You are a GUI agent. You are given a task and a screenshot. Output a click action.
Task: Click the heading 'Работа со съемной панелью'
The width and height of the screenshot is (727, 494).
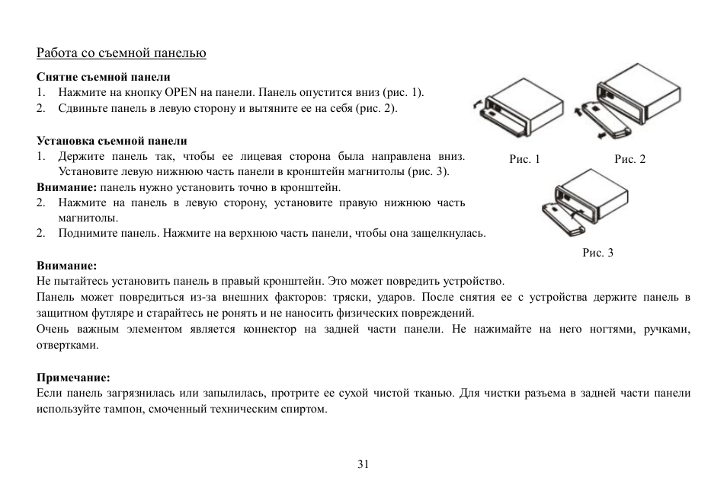point(122,53)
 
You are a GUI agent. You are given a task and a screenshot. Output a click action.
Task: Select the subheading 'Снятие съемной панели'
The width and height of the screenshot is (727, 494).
point(104,77)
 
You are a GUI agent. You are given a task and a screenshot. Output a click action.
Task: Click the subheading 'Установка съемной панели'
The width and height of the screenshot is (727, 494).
point(111,141)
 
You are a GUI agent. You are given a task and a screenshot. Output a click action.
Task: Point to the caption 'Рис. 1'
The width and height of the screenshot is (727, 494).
point(524,159)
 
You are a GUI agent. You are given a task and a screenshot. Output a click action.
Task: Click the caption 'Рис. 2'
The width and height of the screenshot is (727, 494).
point(629,159)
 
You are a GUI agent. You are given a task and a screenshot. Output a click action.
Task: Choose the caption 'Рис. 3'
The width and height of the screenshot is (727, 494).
point(597,253)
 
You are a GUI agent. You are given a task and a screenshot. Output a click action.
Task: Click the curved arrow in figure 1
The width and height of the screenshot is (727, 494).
point(476,104)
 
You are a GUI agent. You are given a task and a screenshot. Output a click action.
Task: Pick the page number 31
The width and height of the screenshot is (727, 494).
point(363,464)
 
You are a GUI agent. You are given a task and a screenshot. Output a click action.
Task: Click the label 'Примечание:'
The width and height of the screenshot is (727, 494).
point(74,377)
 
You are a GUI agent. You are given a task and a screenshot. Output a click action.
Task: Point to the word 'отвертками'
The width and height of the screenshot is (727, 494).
point(68,344)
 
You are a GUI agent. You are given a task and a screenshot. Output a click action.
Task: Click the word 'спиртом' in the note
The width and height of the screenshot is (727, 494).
point(308,409)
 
